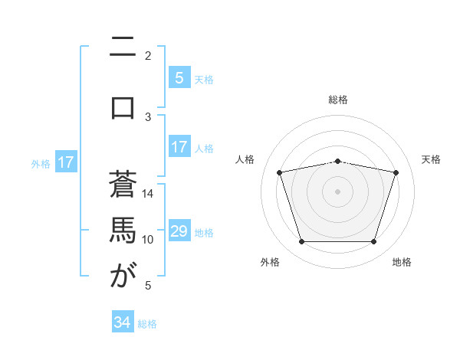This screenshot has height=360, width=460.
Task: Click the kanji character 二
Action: [123, 47]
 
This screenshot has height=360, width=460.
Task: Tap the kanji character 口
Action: [123, 107]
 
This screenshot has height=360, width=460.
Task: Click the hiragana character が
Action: [123, 276]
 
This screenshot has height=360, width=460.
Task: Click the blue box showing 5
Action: [179, 78]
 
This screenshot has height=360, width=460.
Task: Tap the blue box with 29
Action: [179, 231]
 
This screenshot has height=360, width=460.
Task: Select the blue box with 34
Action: [123, 322]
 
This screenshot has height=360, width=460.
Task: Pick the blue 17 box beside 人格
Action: [179, 147]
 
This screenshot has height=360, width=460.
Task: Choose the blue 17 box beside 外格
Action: [66, 162]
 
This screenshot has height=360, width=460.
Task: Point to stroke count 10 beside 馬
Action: [148, 239]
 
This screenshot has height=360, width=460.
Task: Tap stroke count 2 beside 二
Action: [148, 55]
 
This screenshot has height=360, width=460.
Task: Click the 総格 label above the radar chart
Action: [338, 100]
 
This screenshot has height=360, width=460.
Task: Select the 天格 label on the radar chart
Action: [431, 159]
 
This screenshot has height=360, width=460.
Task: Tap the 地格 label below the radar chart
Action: [402, 262]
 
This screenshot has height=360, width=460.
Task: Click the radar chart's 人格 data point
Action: [280, 172]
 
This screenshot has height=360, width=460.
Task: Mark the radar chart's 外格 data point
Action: [302, 242]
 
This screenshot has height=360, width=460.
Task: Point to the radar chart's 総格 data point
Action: [338, 161]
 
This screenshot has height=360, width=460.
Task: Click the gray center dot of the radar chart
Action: [338, 191]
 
